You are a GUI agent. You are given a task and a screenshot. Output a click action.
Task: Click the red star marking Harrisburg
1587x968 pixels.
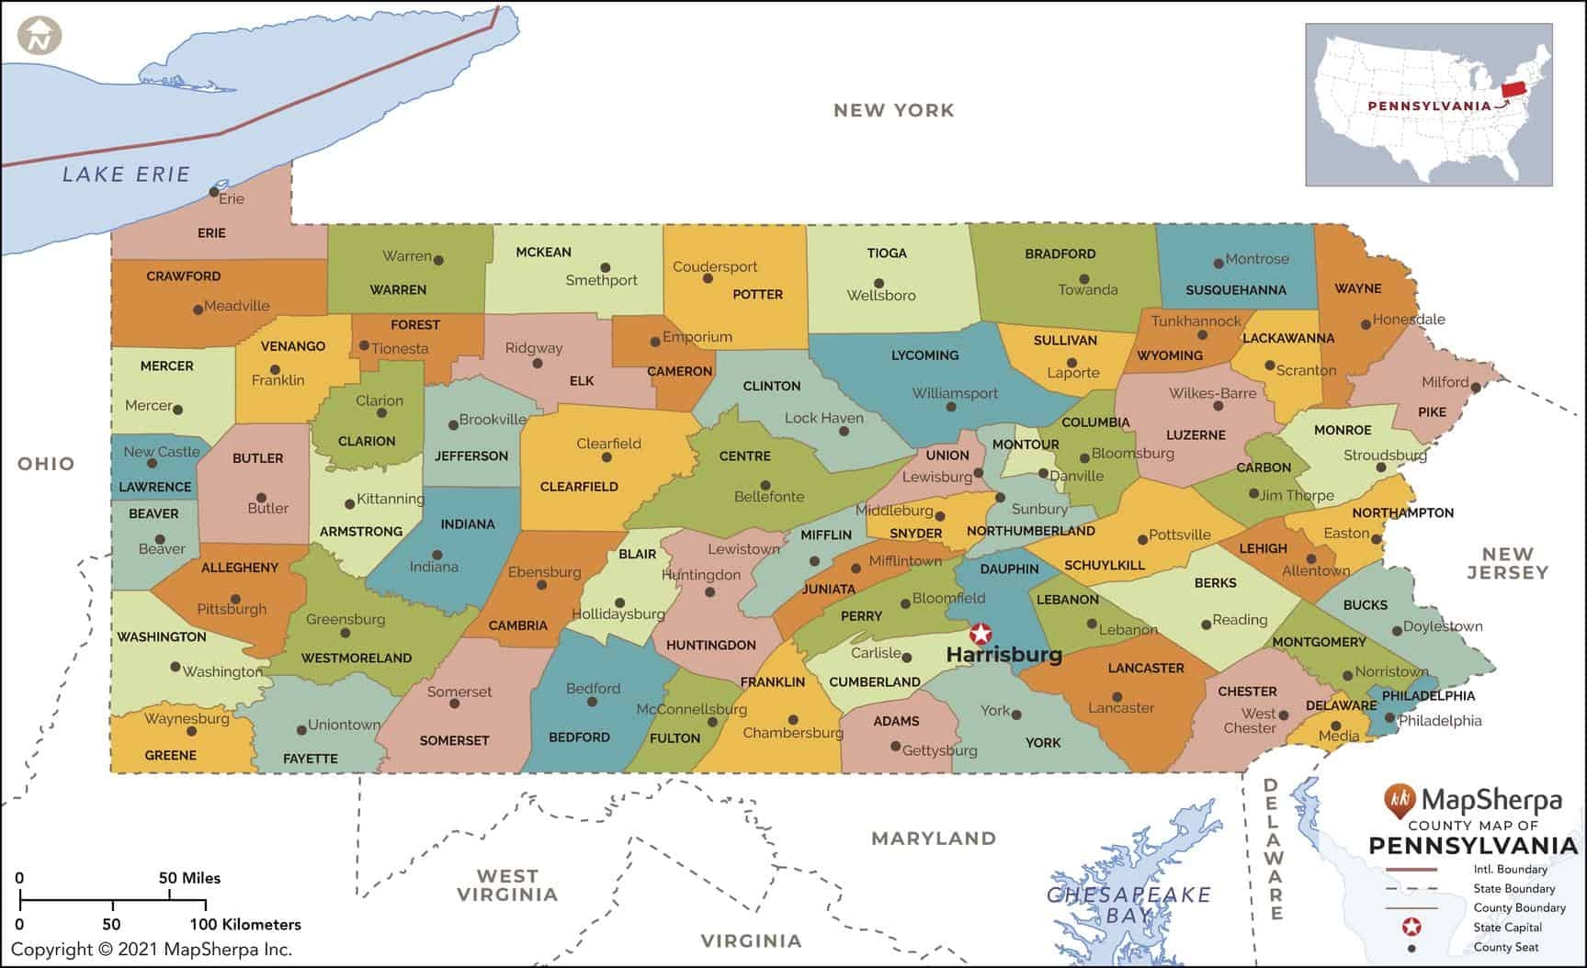click(981, 634)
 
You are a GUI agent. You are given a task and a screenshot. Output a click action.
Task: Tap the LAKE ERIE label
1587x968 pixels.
click(126, 174)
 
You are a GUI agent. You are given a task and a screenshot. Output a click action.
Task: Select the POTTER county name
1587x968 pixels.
click(757, 295)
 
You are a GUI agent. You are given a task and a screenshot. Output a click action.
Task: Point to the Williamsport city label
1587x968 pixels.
click(955, 393)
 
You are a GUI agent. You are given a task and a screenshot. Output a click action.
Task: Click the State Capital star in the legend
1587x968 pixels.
click(1412, 927)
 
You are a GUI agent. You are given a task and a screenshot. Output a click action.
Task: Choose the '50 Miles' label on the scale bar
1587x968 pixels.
click(189, 878)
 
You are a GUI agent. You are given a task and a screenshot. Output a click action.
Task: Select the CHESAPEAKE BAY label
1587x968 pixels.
click(1128, 904)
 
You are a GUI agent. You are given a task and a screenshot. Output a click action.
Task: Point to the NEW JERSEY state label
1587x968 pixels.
click(1507, 563)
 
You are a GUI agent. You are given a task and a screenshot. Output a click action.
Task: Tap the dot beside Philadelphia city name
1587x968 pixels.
click(1389, 719)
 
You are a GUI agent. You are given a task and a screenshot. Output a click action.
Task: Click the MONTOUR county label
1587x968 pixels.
click(1026, 445)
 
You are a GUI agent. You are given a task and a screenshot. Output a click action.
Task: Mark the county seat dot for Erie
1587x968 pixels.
click(214, 192)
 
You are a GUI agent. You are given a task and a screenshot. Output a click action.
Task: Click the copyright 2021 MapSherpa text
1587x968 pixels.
click(151, 950)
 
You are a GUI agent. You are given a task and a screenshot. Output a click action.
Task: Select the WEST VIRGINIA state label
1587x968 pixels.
click(507, 885)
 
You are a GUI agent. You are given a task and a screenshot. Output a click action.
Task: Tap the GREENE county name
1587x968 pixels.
click(171, 755)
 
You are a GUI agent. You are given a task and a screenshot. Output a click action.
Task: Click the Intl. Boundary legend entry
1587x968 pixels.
click(1510, 869)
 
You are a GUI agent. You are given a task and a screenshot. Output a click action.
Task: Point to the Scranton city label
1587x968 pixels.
click(1306, 370)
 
